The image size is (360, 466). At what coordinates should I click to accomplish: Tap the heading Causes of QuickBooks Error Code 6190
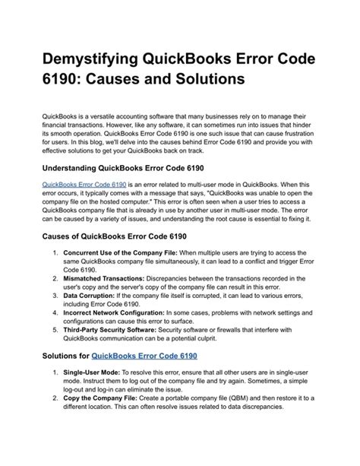point(116,237)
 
